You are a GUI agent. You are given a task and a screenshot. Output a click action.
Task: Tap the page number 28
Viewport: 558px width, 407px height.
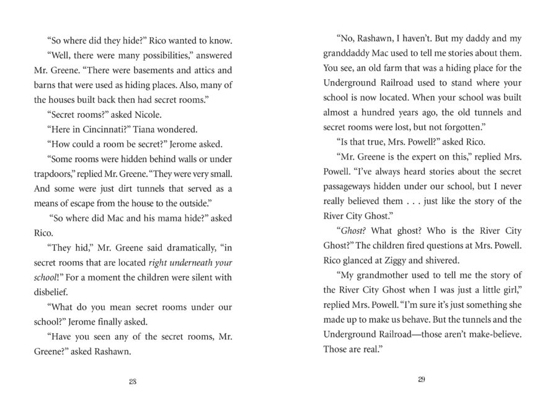pyautogui.click(x=133, y=381)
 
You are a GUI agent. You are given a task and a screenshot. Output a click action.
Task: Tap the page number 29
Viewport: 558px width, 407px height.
pyautogui.click(x=421, y=380)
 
